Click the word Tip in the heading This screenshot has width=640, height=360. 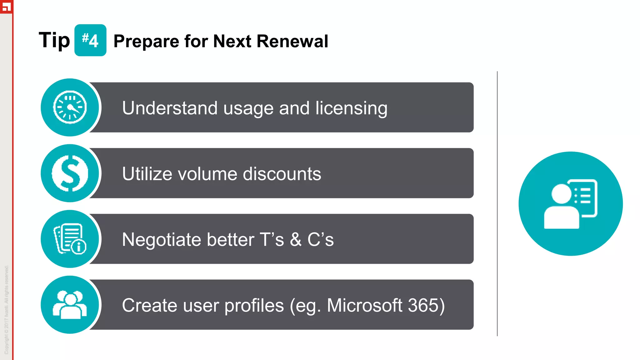(x=54, y=41)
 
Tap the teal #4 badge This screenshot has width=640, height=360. (x=90, y=40)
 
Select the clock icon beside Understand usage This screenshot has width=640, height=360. (x=70, y=107)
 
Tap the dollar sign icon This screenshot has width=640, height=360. (x=70, y=173)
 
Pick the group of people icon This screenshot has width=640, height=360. (x=70, y=305)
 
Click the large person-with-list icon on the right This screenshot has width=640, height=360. (x=570, y=204)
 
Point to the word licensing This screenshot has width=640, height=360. (x=351, y=108)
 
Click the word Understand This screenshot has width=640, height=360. (x=169, y=108)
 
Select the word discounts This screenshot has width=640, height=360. (x=282, y=174)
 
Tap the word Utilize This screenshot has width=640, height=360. (x=147, y=174)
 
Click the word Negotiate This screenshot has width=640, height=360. (x=161, y=240)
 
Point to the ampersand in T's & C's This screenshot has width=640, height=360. (x=296, y=240)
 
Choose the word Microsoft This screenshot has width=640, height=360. (x=364, y=305)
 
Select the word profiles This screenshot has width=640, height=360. (x=254, y=305)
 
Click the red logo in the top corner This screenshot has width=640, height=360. (x=6, y=6)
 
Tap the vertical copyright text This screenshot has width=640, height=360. (x=7, y=309)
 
